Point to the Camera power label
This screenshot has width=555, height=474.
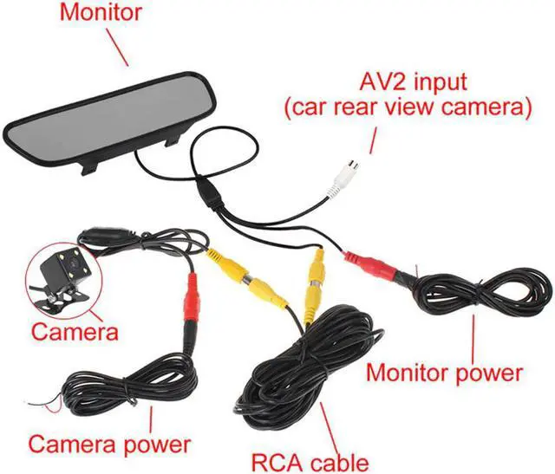coord(109,445)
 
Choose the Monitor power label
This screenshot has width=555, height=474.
coord(445,373)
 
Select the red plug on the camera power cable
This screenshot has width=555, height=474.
coord(192,304)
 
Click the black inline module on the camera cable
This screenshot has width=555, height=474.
coord(106,237)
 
